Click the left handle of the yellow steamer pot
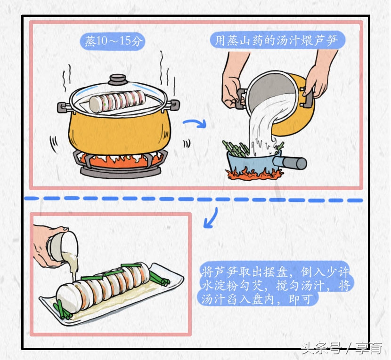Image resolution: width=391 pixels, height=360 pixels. coord(63,107)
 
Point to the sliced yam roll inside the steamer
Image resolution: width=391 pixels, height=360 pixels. coord(118,100)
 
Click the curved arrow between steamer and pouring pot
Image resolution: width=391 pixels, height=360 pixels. coord(195,124)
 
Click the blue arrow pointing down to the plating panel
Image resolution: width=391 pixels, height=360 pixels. coord(211,217)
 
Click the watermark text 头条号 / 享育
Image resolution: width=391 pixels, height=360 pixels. coord(342,349)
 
